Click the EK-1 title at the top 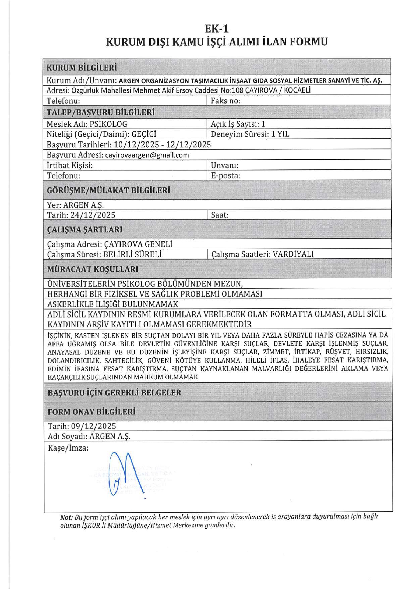(x=217, y=29)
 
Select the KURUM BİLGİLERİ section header (x=82, y=67)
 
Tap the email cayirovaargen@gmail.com (x=147, y=155)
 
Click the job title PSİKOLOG (x=108, y=124)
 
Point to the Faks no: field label (x=225, y=101)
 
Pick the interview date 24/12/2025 (x=93, y=215)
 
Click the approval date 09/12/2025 (x=94, y=426)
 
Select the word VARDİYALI (x=293, y=254)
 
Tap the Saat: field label (x=219, y=215)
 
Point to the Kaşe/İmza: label (x=68, y=448)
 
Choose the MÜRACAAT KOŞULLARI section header (x=93, y=269)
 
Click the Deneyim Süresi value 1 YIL (x=280, y=134)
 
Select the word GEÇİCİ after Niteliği (x=144, y=134)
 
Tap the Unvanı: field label (x=224, y=166)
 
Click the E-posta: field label (x=225, y=176)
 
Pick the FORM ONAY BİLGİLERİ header (x=91, y=412)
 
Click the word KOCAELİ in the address (x=297, y=90)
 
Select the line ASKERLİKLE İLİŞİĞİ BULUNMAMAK (x=113, y=304)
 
